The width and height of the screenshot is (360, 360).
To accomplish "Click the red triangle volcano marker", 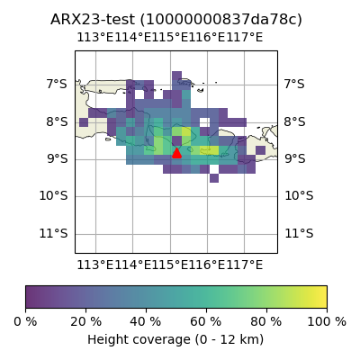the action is pos(176,153).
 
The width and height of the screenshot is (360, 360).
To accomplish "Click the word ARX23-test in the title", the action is pos(93,20).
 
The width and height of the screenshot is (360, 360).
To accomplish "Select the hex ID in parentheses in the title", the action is pos(221,20).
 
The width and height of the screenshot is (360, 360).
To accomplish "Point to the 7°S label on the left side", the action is pos(57,85).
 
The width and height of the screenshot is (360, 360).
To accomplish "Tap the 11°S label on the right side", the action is pos(299,233).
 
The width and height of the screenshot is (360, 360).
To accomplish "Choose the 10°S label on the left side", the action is pos(53,196).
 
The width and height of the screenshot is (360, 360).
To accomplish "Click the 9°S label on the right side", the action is pos(295,158).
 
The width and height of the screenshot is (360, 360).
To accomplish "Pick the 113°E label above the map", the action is pos(95,38).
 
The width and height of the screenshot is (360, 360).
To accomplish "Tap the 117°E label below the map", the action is pos(245,265).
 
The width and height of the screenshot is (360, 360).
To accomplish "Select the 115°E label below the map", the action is pos(170,265).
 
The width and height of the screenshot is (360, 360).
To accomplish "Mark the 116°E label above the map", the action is pos(207,38).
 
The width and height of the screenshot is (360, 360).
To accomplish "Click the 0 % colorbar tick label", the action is pos(25,322).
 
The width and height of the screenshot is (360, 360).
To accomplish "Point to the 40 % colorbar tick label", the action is pos(146,322).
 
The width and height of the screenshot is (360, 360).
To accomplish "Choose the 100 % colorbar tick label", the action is pos(327,322).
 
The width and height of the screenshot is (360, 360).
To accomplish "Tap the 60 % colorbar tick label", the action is pos(206,322).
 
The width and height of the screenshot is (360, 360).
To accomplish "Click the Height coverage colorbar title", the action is pos(175,340).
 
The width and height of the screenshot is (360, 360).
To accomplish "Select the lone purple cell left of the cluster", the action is pos(84,122).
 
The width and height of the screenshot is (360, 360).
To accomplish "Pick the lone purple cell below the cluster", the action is pos(214,178).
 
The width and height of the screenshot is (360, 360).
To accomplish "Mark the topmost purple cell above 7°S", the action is pos(176,76).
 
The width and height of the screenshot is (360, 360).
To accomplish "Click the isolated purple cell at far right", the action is pos(260,150).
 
